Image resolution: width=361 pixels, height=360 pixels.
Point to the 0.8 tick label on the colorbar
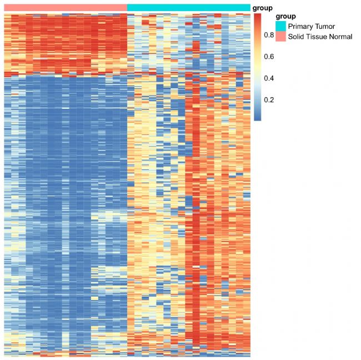point(269,35)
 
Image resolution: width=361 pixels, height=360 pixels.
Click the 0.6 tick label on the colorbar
point(269,57)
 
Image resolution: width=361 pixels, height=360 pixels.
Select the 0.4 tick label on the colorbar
point(269,78)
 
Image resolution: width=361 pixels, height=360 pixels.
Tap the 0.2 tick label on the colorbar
point(269,100)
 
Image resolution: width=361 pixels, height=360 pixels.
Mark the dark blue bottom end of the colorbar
point(258,118)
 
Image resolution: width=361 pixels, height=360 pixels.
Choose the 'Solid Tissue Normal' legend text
point(320,37)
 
